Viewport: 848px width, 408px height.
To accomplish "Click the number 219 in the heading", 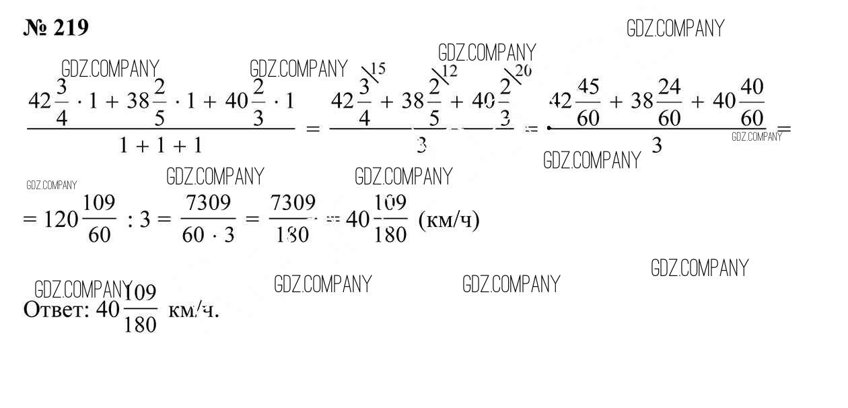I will (68, 28).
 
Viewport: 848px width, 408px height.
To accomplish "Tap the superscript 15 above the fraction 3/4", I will (378, 69).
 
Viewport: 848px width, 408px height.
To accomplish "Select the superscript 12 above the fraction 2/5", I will (449, 71).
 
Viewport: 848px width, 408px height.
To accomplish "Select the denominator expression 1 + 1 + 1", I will (160, 145).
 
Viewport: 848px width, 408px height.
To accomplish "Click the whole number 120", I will (61, 219).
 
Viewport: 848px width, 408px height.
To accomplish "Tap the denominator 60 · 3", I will (208, 235).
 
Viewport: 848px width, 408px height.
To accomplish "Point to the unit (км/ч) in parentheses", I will (449, 220).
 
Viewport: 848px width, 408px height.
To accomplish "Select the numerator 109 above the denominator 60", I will (100, 203).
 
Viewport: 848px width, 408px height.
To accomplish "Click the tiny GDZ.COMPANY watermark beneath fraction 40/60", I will (756, 137).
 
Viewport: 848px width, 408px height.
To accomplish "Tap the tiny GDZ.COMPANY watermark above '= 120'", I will (51, 185).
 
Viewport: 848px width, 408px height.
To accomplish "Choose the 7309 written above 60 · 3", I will (209, 203).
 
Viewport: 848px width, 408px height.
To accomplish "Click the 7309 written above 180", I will (292, 203).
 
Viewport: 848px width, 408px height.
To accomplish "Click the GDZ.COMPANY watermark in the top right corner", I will (675, 28).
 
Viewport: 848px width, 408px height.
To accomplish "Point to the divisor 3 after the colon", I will (144, 220).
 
